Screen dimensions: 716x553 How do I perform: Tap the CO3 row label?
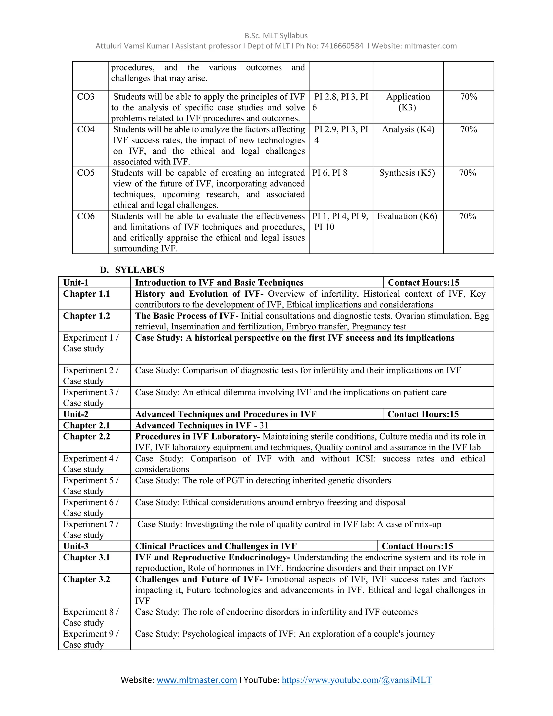coord(86,97)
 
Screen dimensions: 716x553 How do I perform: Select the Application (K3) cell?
coord(408,102)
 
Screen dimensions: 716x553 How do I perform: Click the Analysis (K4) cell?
coord(408,129)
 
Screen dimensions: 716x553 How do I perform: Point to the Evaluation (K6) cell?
coord(407,216)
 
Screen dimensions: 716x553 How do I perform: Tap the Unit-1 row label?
coord(76,283)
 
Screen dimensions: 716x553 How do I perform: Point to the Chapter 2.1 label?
coord(86,425)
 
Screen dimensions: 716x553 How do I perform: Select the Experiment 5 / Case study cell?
coord(91,486)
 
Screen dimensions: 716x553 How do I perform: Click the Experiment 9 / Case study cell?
coord(91,639)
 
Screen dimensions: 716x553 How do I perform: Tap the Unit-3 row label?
coord(76,546)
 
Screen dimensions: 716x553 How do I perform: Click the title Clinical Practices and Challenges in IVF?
coord(216,546)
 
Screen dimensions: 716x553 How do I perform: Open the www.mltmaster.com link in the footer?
coord(197,680)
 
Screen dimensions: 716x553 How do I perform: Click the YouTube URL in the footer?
coord(356,680)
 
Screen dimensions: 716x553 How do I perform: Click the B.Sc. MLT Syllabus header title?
coord(276,36)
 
